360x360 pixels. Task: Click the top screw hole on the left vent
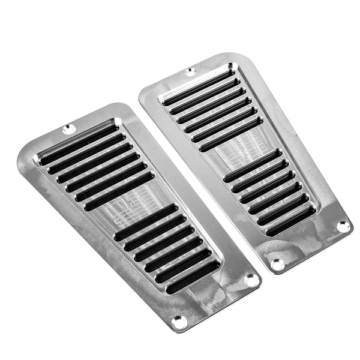tap(67, 128)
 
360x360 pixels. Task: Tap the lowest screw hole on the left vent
tap(178, 322)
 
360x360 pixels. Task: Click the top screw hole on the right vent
tap(191, 72)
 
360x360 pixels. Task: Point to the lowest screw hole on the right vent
tap(277, 263)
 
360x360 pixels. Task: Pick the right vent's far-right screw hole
tap(343, 226)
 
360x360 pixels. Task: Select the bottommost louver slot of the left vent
tap(192, 277)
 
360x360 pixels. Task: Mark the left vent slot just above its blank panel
tap(120, 191)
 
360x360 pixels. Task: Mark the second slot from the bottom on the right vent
tap(283, 210)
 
